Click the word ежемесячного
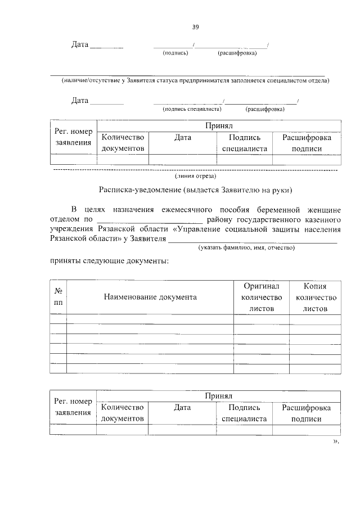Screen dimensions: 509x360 [x=186, y=209]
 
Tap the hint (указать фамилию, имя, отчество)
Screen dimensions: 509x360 [x=246, y=247]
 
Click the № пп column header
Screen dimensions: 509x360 [x=58, y=296]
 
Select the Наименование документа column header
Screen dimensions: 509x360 [x=150, y=297]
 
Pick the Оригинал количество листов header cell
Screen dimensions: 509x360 [x=261, y=297]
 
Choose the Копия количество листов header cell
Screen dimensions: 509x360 [x=314, y=297]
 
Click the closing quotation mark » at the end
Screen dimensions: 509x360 [x=336, y=442]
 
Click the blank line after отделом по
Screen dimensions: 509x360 [x=150, y=219]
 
